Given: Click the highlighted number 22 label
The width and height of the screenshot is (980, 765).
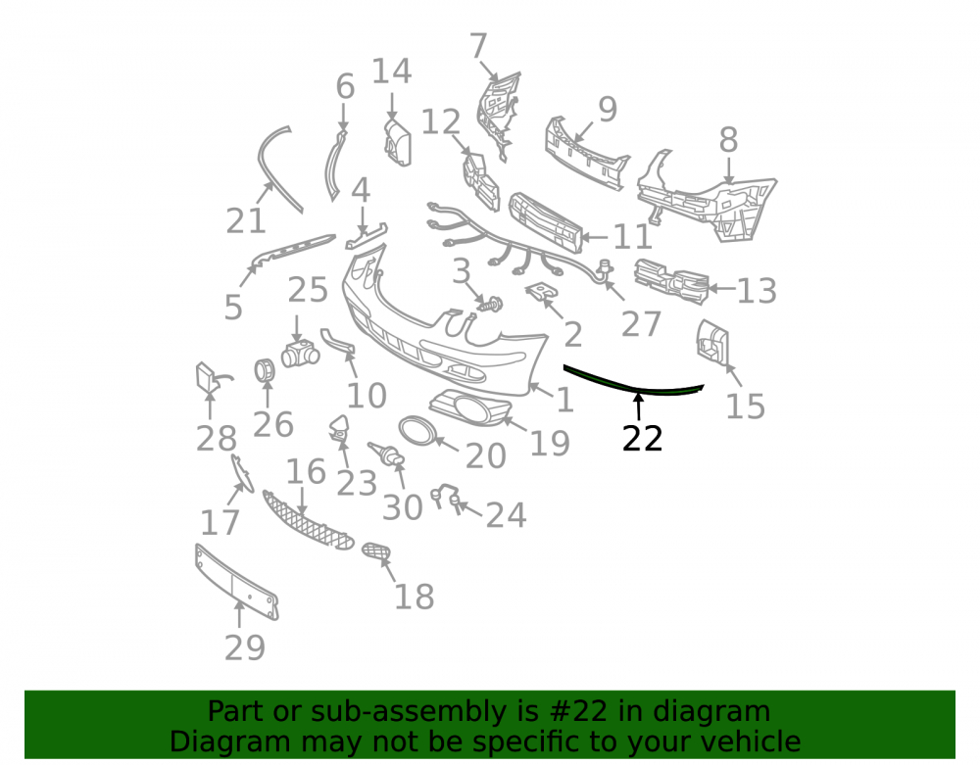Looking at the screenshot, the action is click(642, 439).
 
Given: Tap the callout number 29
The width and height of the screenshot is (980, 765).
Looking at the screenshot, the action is click(245, 647).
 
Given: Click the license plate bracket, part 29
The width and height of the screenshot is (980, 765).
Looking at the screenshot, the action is click(236, 582).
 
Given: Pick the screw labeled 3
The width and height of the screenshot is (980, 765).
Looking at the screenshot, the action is click(491, 305).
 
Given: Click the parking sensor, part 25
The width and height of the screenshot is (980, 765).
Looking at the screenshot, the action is click(300, 354).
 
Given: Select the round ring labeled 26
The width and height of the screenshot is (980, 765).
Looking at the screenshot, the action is click(265, 370).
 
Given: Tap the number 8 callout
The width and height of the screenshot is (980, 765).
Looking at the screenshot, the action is click(728, 140).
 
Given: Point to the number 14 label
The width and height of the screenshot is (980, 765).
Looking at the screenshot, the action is click(392, 72).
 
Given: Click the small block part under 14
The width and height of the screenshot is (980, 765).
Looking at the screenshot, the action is click(398, 143).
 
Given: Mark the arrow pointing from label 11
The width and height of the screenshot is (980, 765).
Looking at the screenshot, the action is click(596, 237).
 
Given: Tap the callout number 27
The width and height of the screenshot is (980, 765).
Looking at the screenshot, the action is click(641, 324).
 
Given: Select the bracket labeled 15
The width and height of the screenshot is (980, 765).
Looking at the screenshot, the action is click(712, 342).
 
